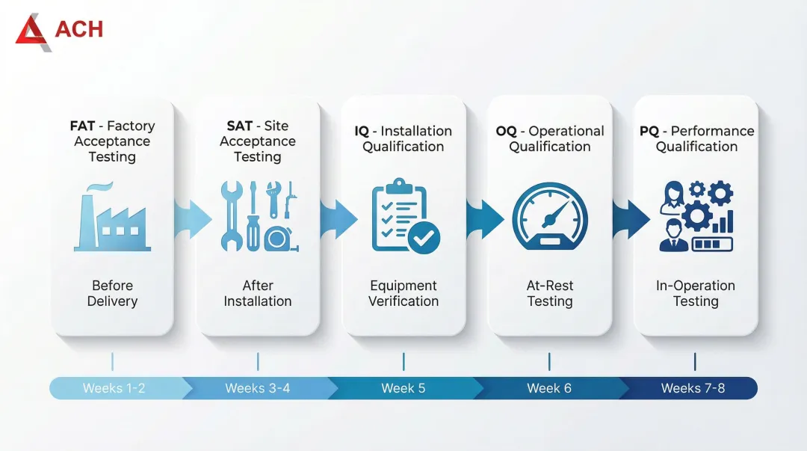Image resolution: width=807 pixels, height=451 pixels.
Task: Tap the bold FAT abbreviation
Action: (82, 126)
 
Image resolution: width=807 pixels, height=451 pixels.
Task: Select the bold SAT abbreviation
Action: (240, 126)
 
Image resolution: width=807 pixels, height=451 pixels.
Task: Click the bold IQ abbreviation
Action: (362, 131)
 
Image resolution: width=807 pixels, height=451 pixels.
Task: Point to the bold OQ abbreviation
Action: (506, 131)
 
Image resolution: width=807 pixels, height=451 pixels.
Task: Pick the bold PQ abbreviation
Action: (649, 131)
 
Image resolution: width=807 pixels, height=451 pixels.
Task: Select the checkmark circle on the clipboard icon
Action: (424, 238)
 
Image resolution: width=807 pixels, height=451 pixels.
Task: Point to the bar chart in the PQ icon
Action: (722, 221)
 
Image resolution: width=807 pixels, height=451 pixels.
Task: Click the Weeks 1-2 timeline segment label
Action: (114, 388)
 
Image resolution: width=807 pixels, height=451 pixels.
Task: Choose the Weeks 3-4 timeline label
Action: (258, 388)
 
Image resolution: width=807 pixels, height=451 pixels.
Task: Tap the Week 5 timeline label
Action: (403, 388)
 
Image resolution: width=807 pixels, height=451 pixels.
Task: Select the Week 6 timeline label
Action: (549, 388)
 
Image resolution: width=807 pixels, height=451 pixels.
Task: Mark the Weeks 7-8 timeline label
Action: (693, 388)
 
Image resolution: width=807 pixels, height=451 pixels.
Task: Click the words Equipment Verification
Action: (403, 294)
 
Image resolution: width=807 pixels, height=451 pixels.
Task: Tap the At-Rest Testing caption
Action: (550, 294)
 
